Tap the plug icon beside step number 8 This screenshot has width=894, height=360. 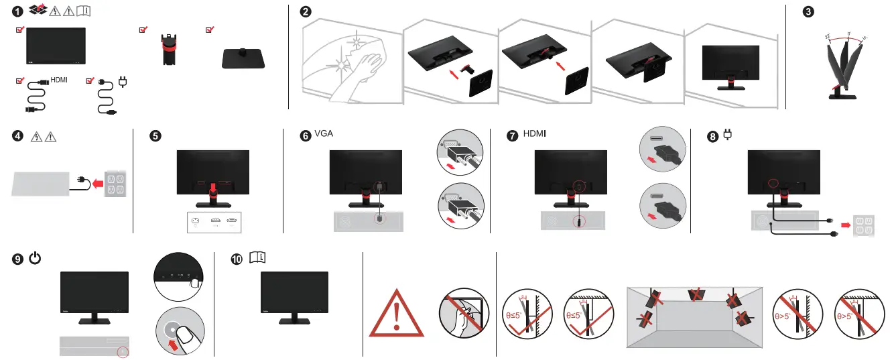point(726,135)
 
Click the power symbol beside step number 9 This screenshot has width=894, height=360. point(36,258)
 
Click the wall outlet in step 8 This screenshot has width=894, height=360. point(875,224)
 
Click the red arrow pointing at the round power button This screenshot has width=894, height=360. point(172,348)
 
